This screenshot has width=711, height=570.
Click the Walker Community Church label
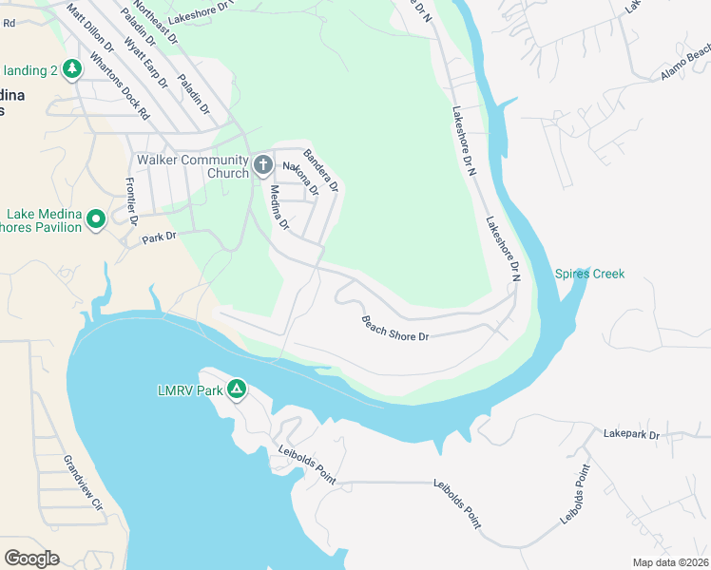pos(194,166)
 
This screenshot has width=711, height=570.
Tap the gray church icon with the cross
pos(263,166)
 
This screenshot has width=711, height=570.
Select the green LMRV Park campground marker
pos(237,389)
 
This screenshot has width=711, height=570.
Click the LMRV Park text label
pos(189,390)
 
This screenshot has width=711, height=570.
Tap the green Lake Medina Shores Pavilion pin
pos(95,220)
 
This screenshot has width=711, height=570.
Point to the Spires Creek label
pos(589,275)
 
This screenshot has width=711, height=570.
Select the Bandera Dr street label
pos(320,170)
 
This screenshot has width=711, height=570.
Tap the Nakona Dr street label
pos(298,177)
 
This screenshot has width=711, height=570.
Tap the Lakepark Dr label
pos(631,434)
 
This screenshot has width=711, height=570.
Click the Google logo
pos(31,559)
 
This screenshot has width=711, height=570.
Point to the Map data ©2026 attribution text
pos(670,562)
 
